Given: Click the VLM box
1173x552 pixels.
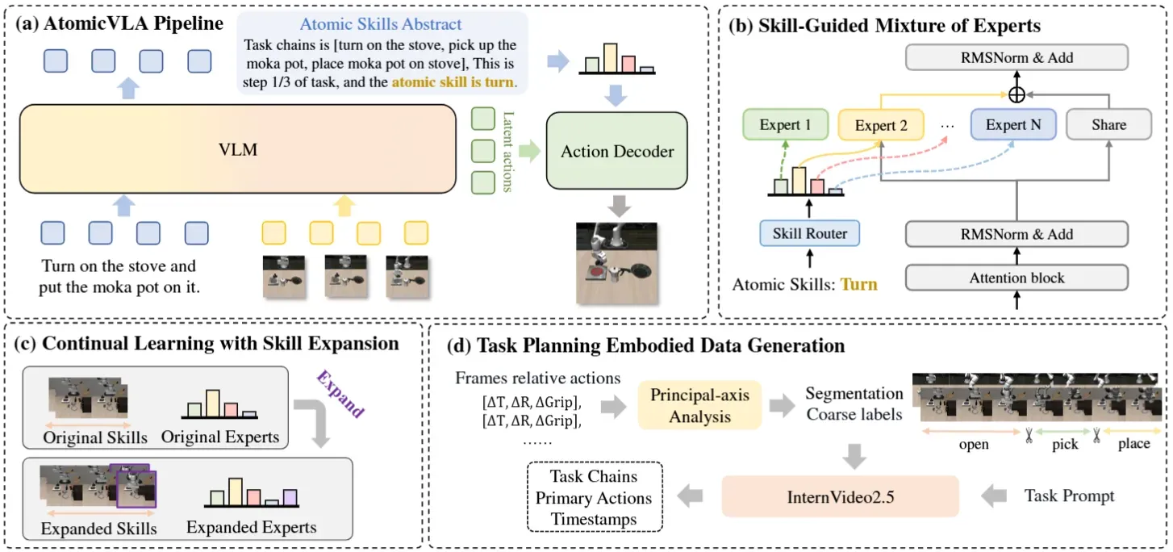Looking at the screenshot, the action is (x=238, y=149).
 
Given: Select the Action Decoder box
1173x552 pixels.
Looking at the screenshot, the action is (x=617, y=151).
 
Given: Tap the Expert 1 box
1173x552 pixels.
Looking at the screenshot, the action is (x=785, y=124).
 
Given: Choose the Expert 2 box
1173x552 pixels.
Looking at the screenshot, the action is (x=881, y=125).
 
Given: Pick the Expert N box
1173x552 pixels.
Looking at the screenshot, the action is (x=1013, y=124).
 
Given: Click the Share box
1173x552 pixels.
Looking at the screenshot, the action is (x=1109, y=124).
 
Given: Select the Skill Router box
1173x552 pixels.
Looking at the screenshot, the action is (x=810, y=233).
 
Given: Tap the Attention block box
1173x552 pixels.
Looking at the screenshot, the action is (x=1016, y=278).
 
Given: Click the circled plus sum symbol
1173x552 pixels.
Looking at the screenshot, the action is (x=1016, y=94).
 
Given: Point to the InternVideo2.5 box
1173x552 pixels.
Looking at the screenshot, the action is (x=841, y=496).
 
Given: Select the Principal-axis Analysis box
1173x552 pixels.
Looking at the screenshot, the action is (x=699, y=405).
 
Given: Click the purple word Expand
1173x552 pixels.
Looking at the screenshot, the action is (x=340, y=394).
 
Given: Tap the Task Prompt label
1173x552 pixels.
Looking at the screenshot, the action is (x=1069, y=496).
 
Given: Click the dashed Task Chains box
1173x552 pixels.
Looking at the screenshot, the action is (x=595, y=497).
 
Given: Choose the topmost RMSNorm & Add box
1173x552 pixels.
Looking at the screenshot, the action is (x=1016, y=57).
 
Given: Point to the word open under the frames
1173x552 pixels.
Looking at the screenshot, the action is (x=974, y=444).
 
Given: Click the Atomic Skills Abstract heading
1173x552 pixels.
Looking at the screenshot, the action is (x=380, y=24).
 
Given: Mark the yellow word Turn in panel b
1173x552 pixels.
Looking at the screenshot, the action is (x=859, y=284).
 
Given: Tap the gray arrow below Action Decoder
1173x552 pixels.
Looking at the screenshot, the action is (x=619, y=206).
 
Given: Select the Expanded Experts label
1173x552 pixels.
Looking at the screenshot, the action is (x=252, y=527).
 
